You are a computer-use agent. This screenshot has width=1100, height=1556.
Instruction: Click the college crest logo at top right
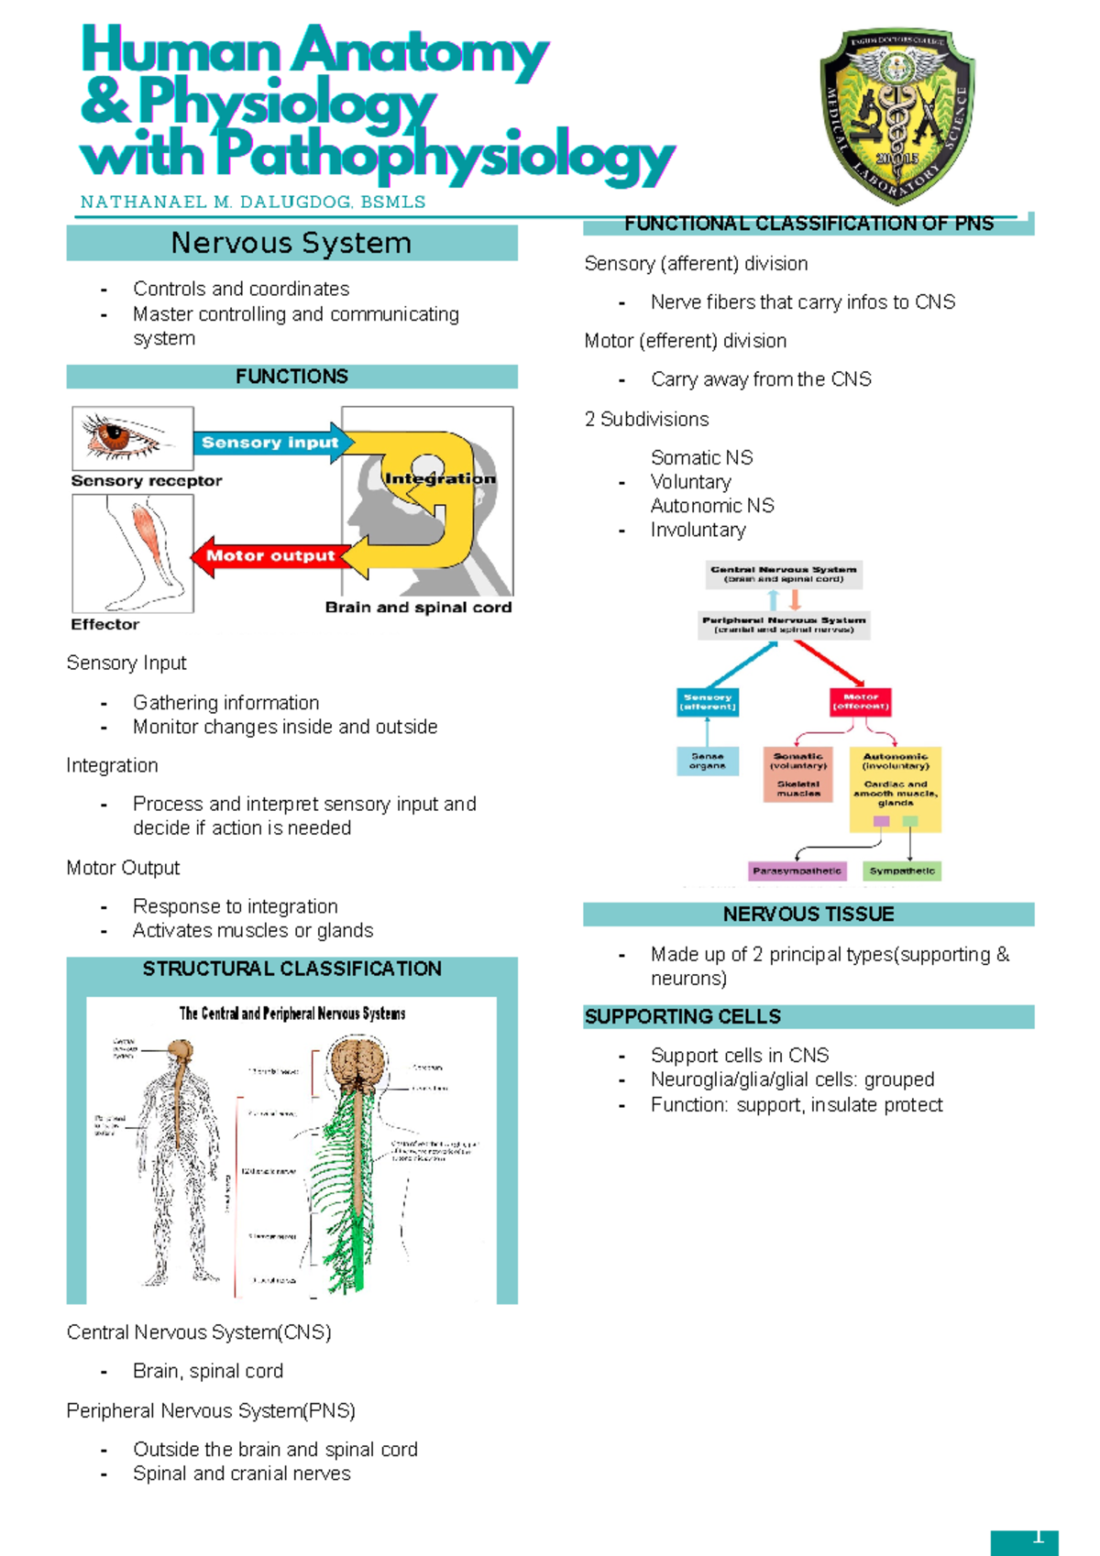(x=896, y=115)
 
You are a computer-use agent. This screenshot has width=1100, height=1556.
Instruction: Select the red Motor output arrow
(x=269, y=555)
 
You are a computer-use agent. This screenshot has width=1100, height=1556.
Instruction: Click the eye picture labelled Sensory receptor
(x=133, y=438)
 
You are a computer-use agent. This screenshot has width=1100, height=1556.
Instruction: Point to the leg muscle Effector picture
(x=134, y=553)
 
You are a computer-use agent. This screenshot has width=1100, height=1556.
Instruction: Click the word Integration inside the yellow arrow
(x=440, y=478)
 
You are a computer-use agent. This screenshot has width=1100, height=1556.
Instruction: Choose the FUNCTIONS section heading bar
(x=291, y=377)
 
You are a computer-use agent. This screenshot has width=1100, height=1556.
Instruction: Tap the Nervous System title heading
(x=291, y=244)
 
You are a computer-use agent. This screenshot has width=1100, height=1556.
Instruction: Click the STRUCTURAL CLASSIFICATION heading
(x=291, y=969)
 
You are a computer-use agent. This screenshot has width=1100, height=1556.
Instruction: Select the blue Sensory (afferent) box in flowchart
(x=708, y=702)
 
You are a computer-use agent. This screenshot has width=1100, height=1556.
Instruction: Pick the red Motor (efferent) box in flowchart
(x=860, y=702)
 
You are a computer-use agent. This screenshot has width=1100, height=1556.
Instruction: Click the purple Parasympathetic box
(x=797, y=871)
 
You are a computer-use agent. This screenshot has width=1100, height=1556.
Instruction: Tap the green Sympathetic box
(x=902, y=871)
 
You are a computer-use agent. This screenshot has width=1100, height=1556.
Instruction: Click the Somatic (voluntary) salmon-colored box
(x=798, y=774)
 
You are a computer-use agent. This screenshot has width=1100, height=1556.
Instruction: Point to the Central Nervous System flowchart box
(x=784, y=574)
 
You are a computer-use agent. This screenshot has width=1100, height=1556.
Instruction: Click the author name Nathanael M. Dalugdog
(x=253, y=203)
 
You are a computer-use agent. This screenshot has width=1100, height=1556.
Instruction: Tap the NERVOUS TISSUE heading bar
(x=808, y=915)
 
